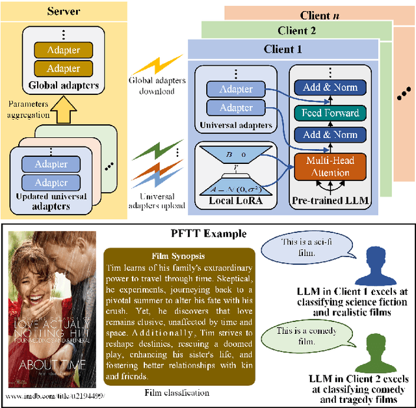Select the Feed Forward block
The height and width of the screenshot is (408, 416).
(x=330, y=113)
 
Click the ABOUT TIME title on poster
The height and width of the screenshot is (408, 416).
(x=51, y=363)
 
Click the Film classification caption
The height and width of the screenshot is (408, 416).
(x=177, y=392)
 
